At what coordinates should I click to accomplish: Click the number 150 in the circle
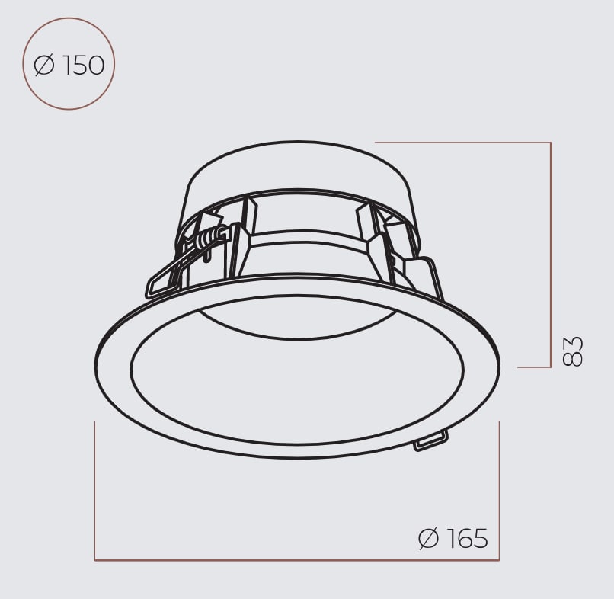tap(83, 66)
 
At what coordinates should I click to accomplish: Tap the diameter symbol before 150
tap(44, 66)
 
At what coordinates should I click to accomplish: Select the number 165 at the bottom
tap(468, 538)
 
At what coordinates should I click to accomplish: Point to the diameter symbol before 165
tap(428, 538)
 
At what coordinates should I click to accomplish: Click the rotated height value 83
tap(573, 351)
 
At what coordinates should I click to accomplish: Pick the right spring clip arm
tap(421, 274)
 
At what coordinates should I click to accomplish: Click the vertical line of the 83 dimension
tap(551, 255)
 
